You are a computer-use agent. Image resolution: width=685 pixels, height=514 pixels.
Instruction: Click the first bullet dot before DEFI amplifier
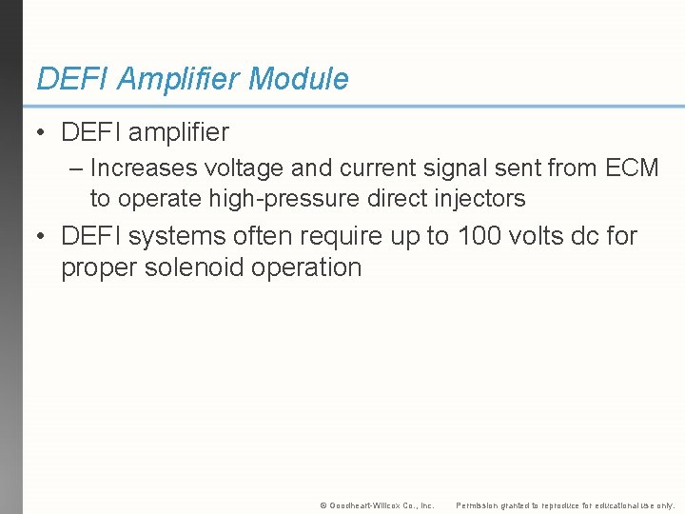tap(42, 132)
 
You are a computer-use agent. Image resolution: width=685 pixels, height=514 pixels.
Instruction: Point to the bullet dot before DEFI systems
tap(42, 236)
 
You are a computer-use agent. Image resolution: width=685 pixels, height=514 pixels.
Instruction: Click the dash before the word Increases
tap(76, 168)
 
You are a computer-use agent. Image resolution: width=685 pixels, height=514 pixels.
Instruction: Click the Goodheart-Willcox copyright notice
tap(377, 505)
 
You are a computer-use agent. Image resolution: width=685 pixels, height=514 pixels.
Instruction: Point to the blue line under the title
tap(352, 106)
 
